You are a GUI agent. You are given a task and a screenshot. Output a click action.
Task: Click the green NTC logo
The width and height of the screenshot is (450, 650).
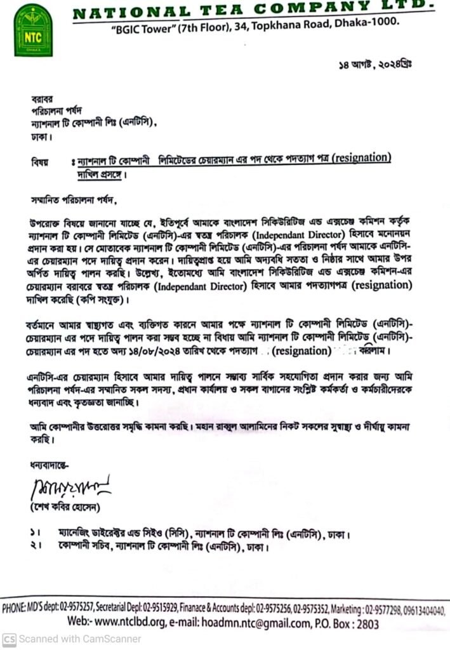click(33, 29)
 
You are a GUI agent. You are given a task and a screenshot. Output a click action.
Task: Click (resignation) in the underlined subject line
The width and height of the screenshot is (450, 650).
click(350, 157)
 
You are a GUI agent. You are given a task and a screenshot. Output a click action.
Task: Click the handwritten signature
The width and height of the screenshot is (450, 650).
click(67, 487)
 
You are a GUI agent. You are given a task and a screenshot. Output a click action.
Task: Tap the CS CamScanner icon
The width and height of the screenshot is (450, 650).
click(9, 639)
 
